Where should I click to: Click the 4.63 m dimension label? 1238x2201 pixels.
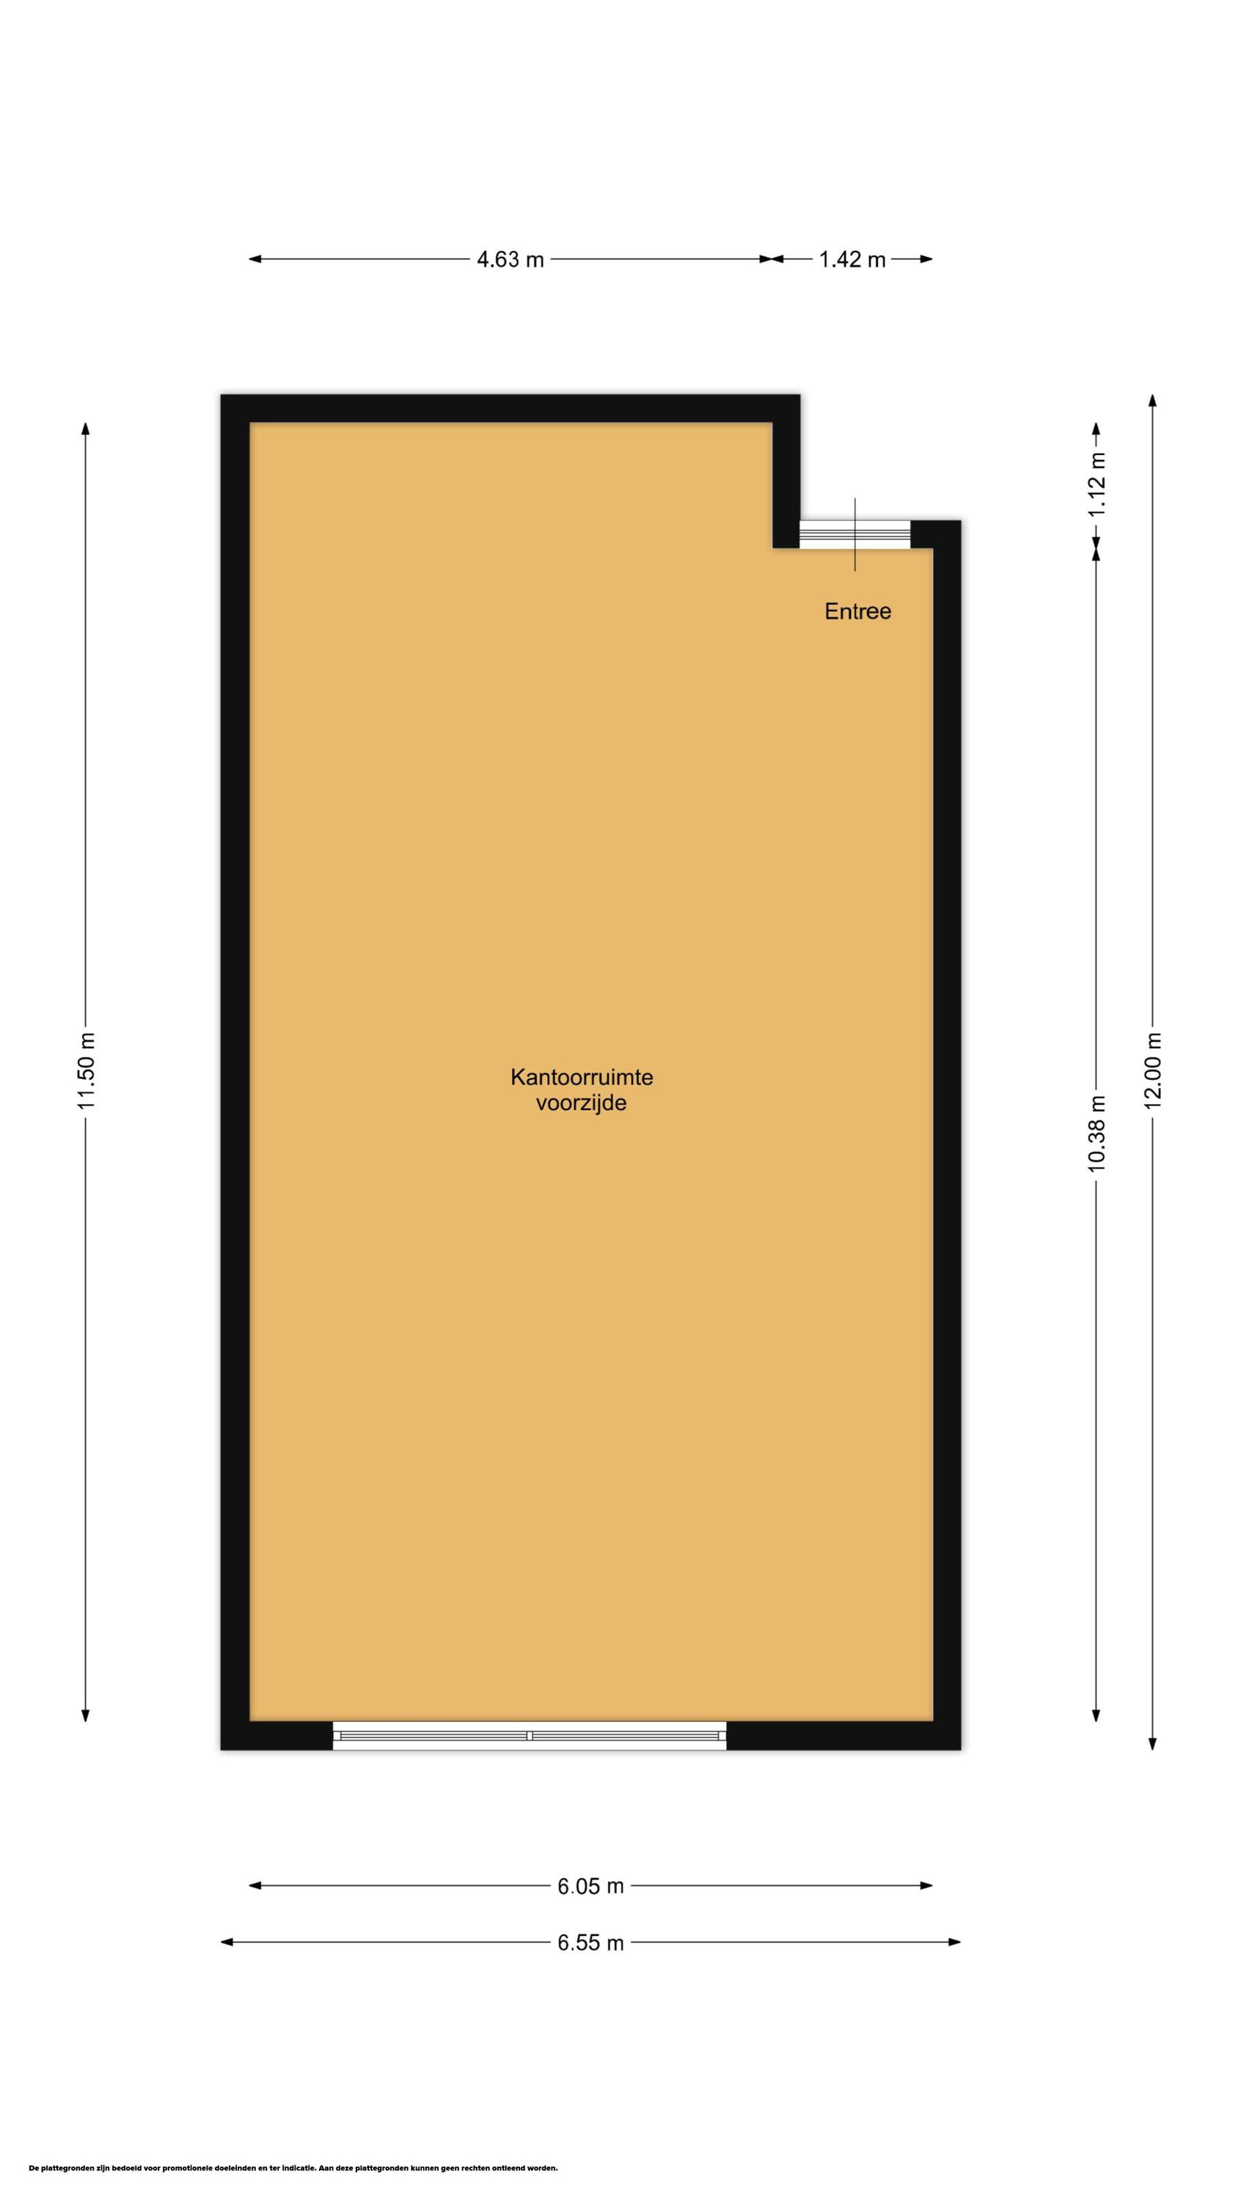pyautogui.click(x=510, y=260)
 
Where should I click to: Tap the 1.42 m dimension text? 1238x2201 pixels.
pyautogui.click(x=851, y=260)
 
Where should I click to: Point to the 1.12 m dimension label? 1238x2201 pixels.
pyautogui.click(x=1097, y=483)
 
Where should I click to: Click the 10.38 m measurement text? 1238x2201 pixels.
pyautogui.click(x=1097, y=1132)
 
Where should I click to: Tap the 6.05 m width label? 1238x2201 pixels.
pyautogui.click(x=590, y=1886)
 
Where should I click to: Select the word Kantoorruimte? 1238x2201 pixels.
pyautogui.click(x=581, y=1076)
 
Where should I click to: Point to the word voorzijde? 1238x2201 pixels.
pyautogui.click(x=581, y=1103)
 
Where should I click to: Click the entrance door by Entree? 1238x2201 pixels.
pyautogui.click(x=854, y=534)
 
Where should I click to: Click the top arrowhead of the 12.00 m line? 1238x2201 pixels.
pyautogui.click(x=1153, y=401)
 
